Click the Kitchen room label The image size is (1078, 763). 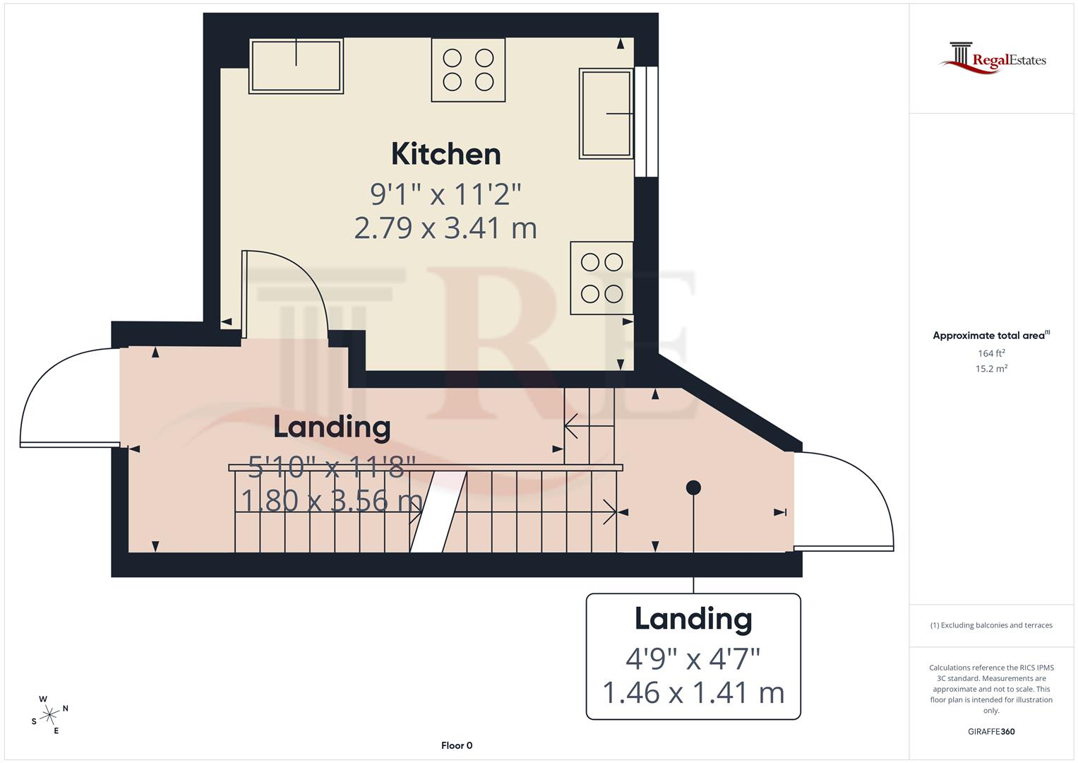pos(445,154)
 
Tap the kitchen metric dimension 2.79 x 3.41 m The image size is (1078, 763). pos(445,228)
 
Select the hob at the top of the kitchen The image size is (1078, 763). pos(468,70)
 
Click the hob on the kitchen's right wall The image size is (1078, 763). pos(601,278)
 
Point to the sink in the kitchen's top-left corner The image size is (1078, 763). pos(296,66)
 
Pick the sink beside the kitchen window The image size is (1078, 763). pos(606,113)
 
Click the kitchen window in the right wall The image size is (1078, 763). pos(646,122)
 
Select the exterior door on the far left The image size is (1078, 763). pos(67,399)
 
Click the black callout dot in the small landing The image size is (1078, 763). pos(693,487)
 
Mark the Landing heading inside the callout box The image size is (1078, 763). pos(693,619)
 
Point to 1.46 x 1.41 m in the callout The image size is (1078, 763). pos(693,692)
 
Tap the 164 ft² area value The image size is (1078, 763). pos(991,353)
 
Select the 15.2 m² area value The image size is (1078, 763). pos(991,369)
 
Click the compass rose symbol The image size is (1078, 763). pos(49,715)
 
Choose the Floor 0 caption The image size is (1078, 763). pos(457,745)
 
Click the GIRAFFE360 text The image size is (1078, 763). pos(991,731)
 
